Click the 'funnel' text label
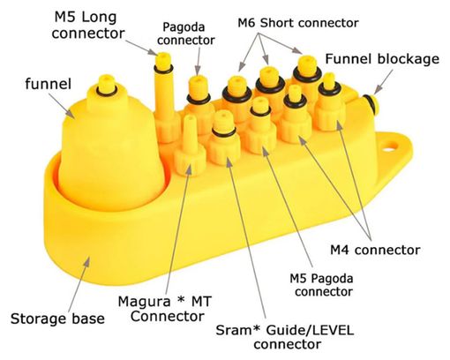(49, 84)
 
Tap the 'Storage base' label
(57, 319)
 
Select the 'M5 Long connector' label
(88, 26)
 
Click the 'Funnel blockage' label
(382, 59)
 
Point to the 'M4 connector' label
(375, 250)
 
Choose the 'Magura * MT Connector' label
(165, 309)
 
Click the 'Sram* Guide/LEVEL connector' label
(285, 337)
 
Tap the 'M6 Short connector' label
(298, 23)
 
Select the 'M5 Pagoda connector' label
(321, 285)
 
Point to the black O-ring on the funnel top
(106, 91)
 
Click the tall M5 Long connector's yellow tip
(163, 60)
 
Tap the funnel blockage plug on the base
(370, 103)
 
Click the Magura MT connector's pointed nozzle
(190, 130)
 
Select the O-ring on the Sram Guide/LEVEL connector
(224, 132)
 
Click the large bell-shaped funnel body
(111, 153)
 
